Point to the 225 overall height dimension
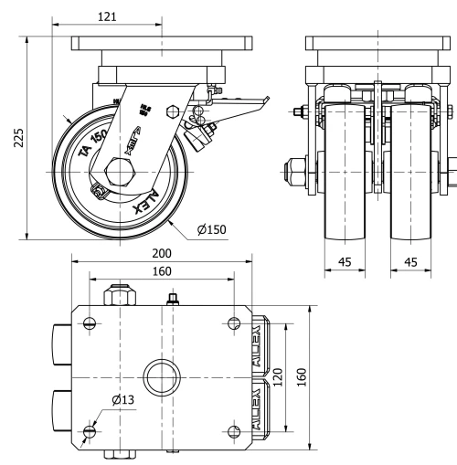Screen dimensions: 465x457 tap(17, 136)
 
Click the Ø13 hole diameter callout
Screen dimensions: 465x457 tap(123, 398)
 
